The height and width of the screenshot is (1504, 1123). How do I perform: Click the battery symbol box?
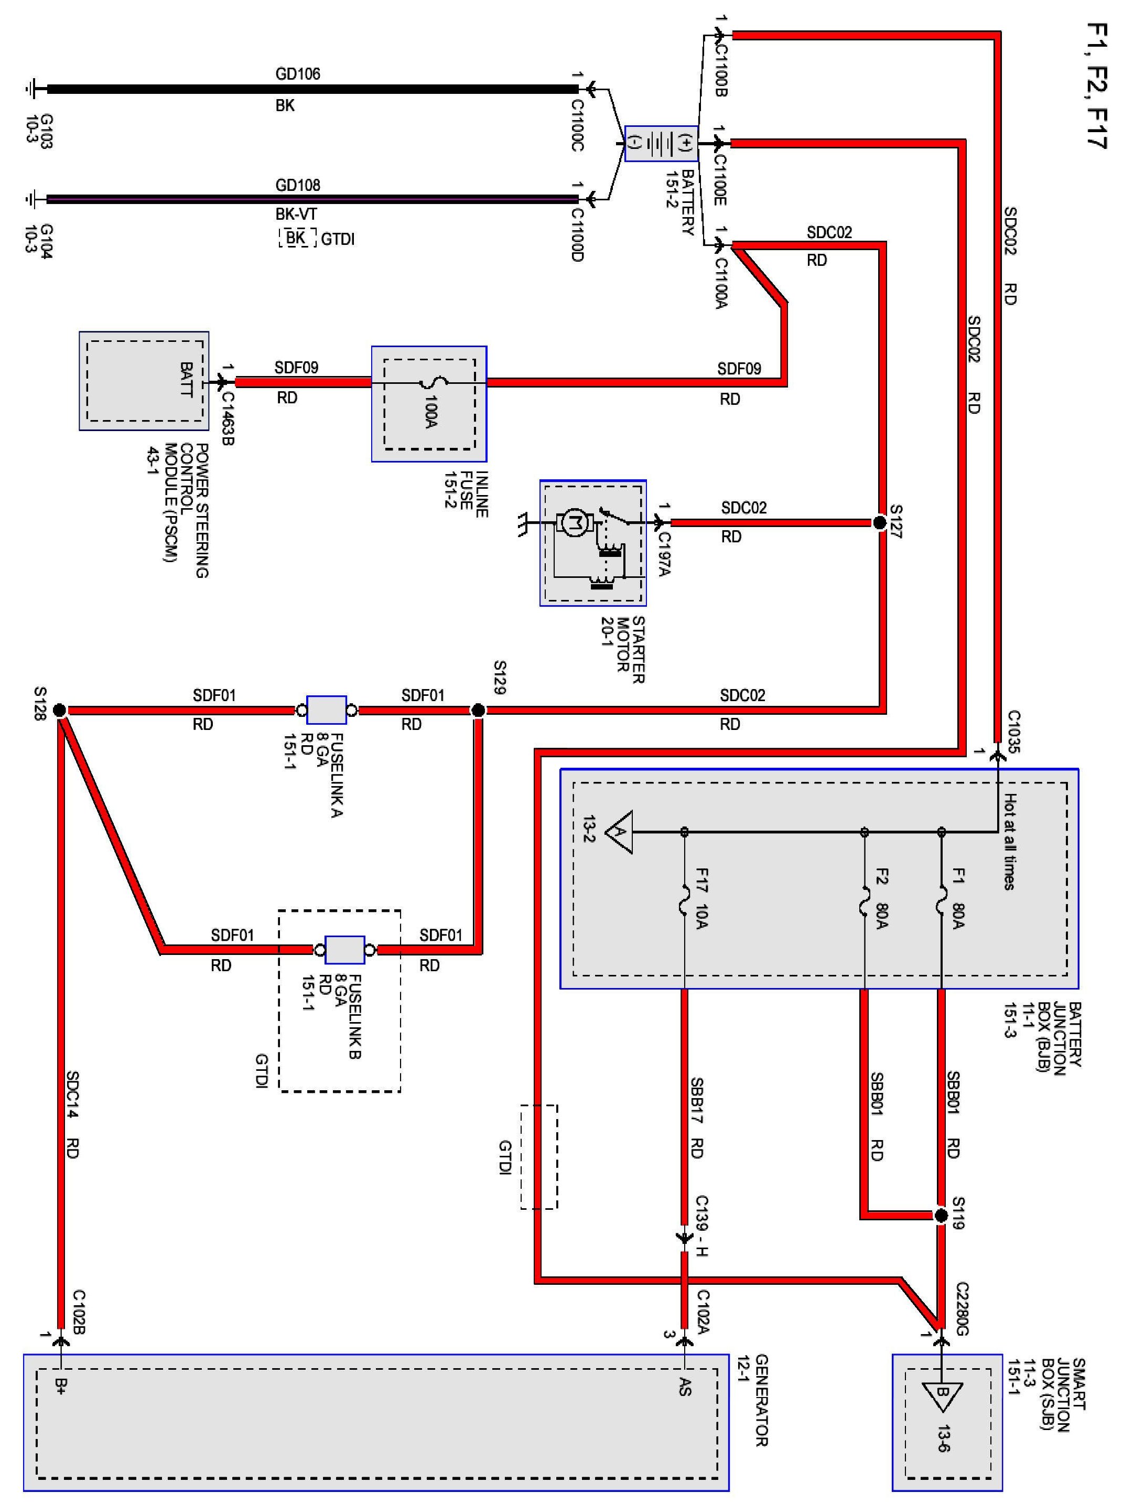coord(661,144)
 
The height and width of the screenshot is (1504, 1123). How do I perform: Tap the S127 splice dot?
coord(879,523)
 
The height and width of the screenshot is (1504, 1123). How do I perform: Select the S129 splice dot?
coord(478,711)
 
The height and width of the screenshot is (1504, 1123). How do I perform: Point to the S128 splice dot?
coord(60,711)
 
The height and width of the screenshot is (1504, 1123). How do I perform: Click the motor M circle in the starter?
coord(575,523)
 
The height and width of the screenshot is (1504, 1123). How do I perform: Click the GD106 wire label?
coord(298,73)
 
